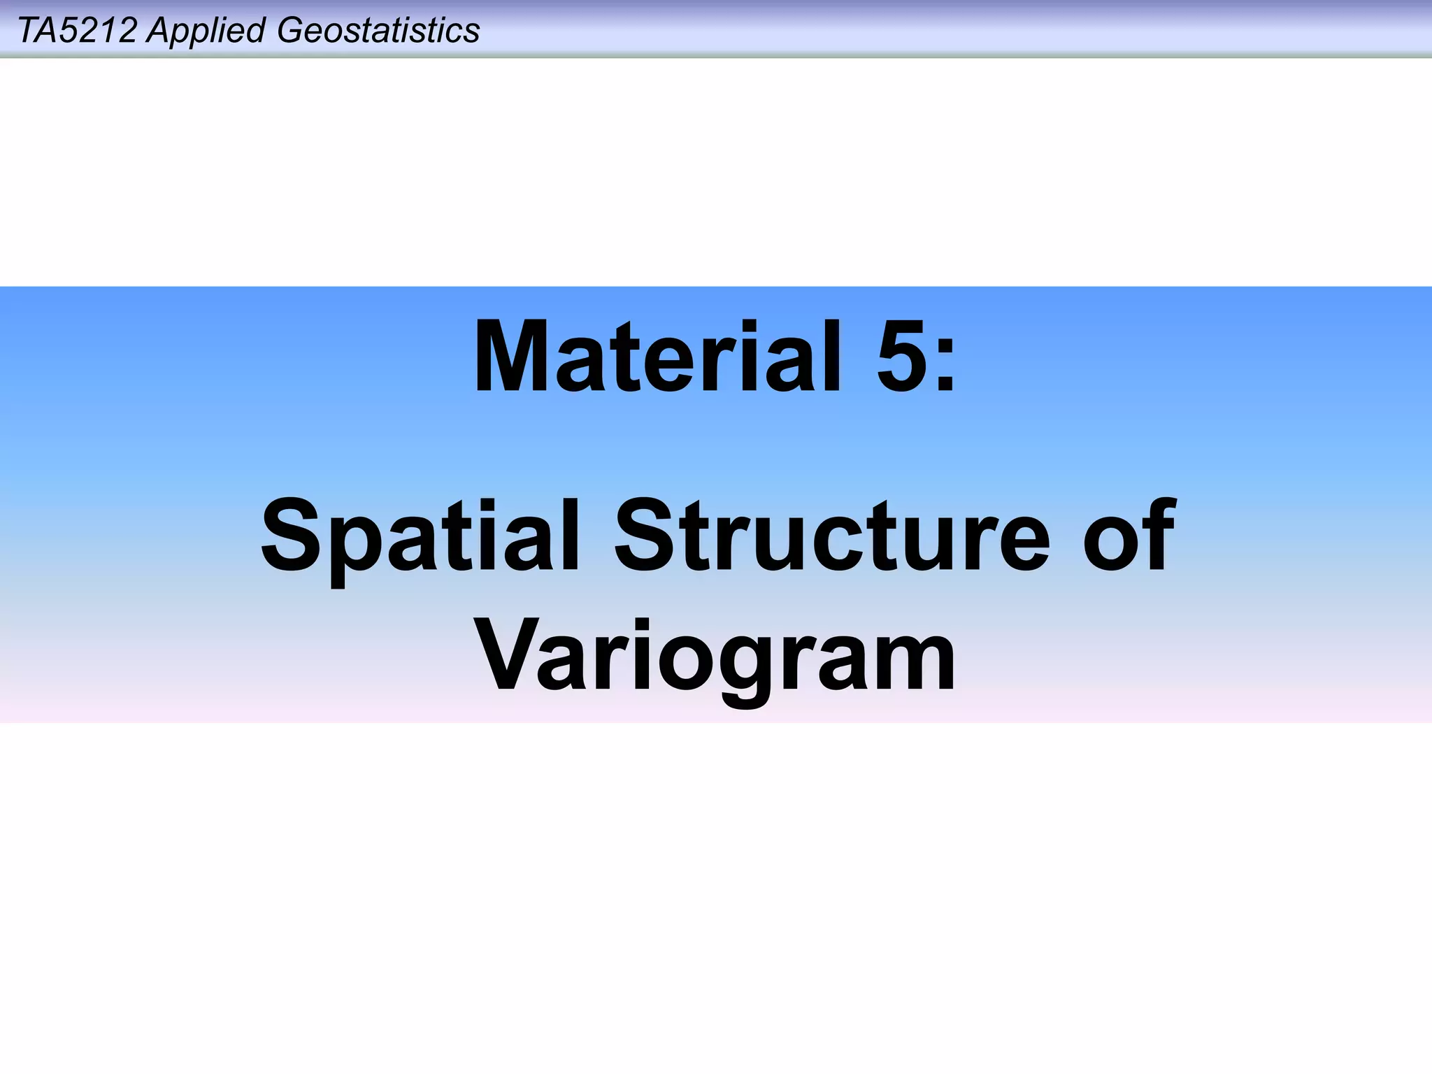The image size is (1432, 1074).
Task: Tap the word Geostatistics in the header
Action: click(x=378, y=31)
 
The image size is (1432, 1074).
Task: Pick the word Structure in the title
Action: click(x=832, y=536)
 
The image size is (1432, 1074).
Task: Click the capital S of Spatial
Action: click(x=292, y=536)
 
